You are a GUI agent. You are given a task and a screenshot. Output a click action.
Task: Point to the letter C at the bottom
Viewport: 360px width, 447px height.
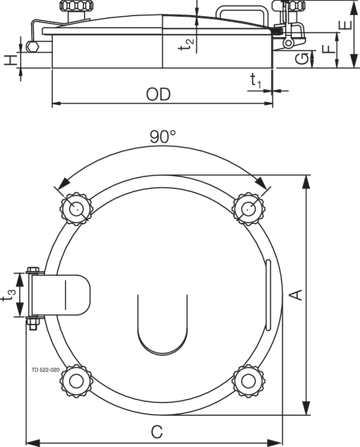(x=157, y=431)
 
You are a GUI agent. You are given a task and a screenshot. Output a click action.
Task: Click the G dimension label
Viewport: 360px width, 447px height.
(x=305, y=58)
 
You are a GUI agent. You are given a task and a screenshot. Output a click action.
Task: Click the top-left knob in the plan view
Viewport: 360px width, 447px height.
(x=76, y=208)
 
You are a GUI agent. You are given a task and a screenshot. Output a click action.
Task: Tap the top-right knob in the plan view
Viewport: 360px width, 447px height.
(x=248, y=208)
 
